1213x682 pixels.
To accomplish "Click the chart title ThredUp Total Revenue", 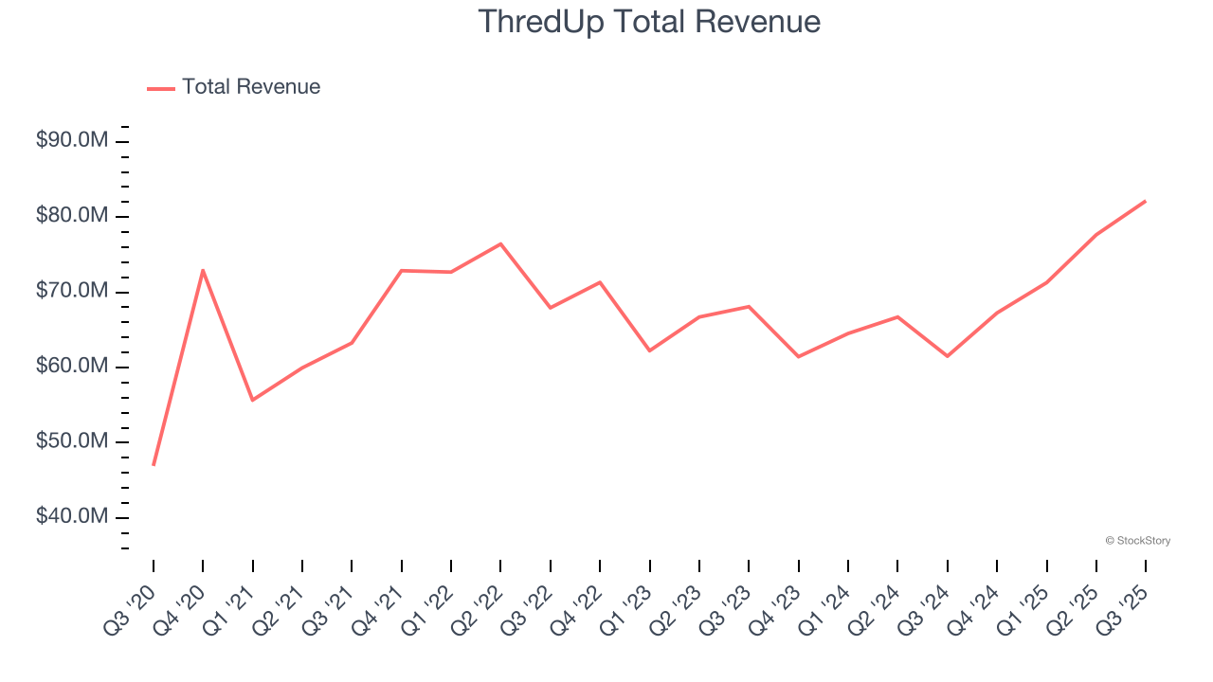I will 649,21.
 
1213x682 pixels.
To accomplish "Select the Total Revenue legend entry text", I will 251,87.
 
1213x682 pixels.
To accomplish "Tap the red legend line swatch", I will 161,88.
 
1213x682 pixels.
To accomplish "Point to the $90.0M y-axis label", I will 72,141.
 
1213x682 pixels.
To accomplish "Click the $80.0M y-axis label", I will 72,216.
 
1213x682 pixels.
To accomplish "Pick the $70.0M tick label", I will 72,291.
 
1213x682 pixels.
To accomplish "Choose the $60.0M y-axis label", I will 72,367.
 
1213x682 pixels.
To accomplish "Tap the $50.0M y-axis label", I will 72,441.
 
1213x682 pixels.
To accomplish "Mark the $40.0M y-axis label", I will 72,516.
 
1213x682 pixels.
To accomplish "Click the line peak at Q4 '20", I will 203,270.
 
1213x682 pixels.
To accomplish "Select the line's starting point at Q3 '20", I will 154,465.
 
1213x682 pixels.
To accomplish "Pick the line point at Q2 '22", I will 500,243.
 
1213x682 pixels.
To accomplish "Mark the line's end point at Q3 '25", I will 1146,201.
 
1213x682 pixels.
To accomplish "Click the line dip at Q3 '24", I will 948,356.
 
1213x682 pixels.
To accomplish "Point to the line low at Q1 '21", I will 252,400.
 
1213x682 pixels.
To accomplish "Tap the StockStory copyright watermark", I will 1137,541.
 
